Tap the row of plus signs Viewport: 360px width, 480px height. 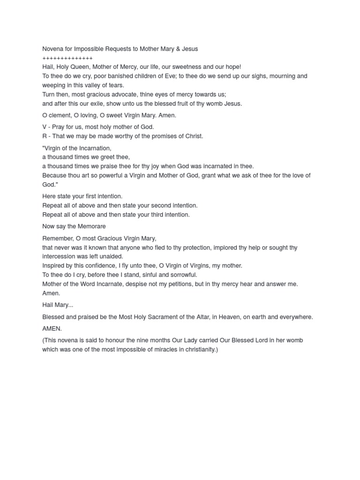tap(67, 58)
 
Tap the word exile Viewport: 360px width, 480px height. tap(107, 104)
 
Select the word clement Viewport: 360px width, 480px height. tap(60, 115)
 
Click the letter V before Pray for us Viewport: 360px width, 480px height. tap(45, 127)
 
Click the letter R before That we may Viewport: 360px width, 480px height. tap(45, 136)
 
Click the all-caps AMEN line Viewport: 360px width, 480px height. tap(52, 329)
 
